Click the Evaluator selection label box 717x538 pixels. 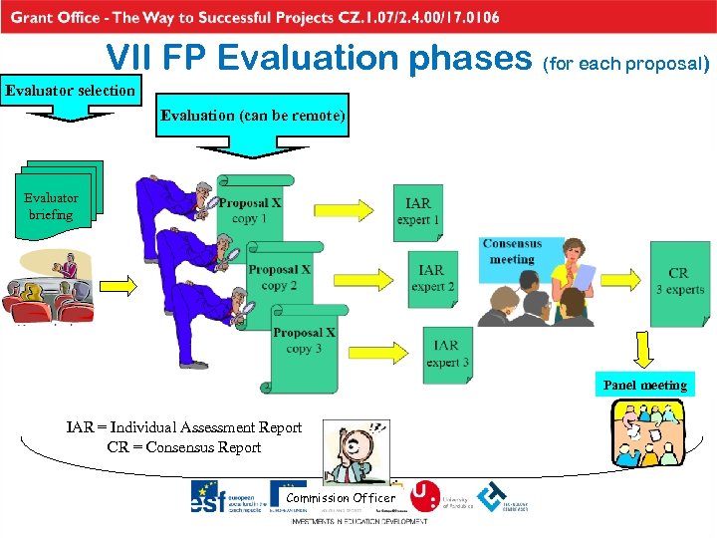pyautogui.click(x=71, y=91)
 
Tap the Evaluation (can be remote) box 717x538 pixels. pyautogui.click(x=254, y=116)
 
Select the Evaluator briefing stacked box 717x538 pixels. pyautogui.click(x=52, y=205)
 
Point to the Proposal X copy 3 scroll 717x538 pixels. pyautogui.click(x=304, y=341)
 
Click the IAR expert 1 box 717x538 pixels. pyautogui.click(x=418, y=211)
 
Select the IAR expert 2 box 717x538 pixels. pyautogui.click(x=432, y=278)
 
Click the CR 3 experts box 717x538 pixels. pyautogui.click(x=679, y=281)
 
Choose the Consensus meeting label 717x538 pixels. pyautogui.click(x=512, y=251)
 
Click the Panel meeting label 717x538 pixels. pyautogui.click(x=644, y=385)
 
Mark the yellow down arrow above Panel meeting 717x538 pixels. pyautogui.click(x=644, y=351)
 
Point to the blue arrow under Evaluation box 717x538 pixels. pyautogui.click(x=255, y=145)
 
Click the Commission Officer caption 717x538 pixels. pyautogui.click(x=341, y=497)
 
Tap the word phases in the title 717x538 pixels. pyautogui.click(x=457, y=60)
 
